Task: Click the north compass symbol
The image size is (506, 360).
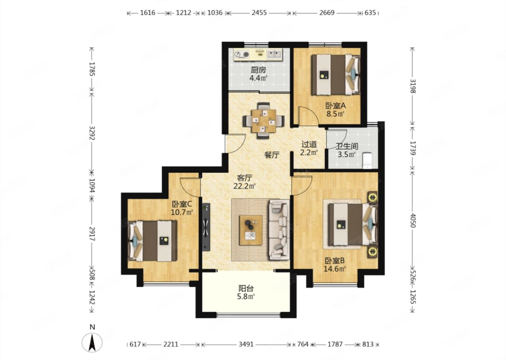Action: (92, 341)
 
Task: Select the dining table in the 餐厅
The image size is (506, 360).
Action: (264, 121)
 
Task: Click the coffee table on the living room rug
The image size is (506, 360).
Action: (251, 230)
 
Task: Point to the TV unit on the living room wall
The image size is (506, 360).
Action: (206, 227)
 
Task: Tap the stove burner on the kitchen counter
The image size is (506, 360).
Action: (241, 54)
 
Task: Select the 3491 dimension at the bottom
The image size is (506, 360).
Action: (246, 344)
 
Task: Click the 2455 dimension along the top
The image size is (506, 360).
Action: (259, 13)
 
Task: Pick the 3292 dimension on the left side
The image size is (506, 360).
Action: (92, 133)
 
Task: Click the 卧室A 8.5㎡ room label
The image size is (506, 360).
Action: (336, 110)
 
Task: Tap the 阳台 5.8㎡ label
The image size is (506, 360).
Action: (246, 292)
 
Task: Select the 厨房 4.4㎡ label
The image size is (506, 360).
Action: (258, 74)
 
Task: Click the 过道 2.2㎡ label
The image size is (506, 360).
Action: (309, 148)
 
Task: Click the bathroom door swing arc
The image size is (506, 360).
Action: (337, 139)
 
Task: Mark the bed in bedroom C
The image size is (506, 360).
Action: (153, 241)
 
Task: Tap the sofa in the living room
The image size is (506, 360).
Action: (279, 230)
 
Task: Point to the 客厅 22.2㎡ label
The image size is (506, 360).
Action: (245, 182)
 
